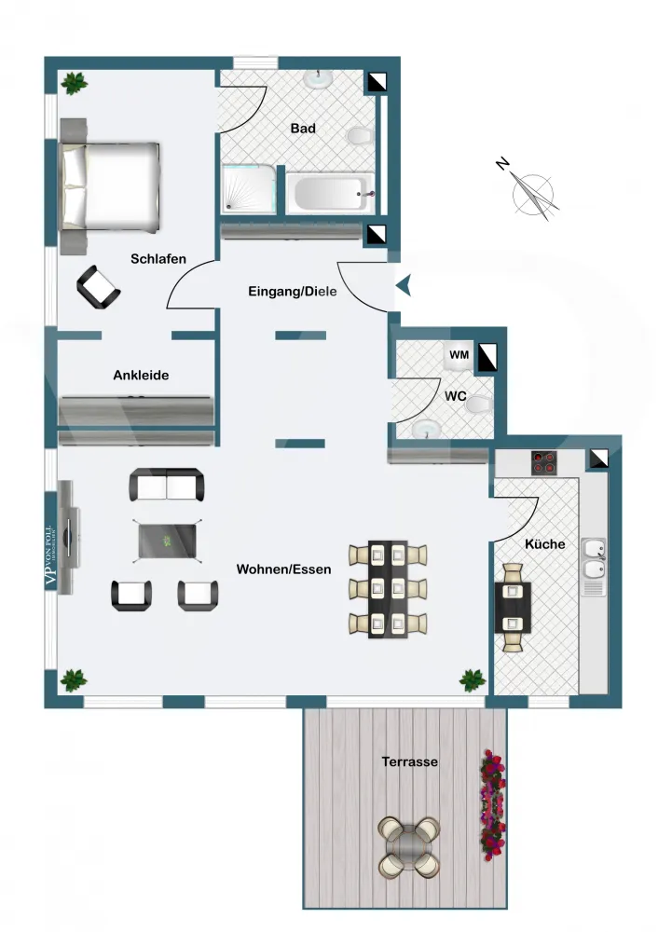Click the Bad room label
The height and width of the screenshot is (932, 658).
tap(303, 129)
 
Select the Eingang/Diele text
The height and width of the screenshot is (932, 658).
tap(292, 292)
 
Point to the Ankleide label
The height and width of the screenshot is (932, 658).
tap(141, 375)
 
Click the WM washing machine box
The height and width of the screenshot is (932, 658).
tap(459, 355)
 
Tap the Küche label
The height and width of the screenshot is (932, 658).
tap(544, 543)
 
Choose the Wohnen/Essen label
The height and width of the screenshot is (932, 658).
tap(283, 569)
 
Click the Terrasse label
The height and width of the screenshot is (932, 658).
tap(409, 761)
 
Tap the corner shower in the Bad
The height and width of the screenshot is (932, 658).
tap(249, 189)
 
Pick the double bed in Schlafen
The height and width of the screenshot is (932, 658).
tap(110, 185)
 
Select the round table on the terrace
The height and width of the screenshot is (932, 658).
tap(409, 846)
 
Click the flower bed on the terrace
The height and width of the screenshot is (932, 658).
tap(491, 802)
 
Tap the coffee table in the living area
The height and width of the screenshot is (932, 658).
tap(168, 540)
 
